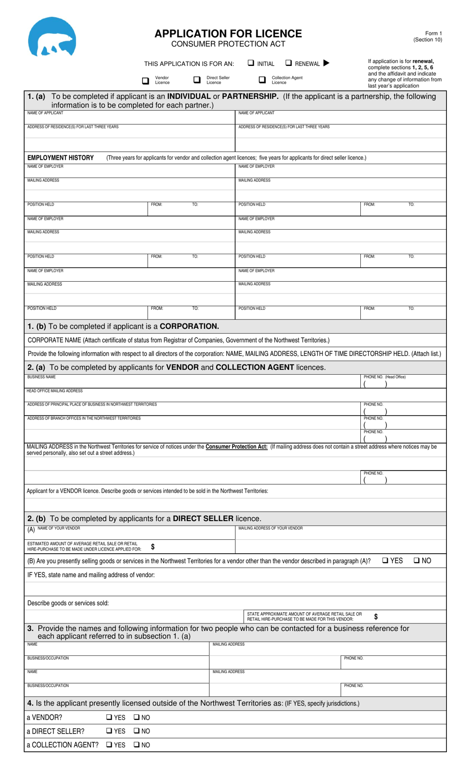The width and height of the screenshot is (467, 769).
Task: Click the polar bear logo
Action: (52, 37)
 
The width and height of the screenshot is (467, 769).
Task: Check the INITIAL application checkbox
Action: (251, 63)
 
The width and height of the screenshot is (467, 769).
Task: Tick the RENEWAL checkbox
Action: (289, 63)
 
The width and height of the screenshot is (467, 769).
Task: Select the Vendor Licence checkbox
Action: (146, 80)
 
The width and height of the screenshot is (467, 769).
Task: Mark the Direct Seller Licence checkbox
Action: (197, 80)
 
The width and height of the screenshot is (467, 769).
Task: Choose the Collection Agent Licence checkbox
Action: (263, 80)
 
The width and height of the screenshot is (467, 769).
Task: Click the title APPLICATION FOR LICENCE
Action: (228, 33)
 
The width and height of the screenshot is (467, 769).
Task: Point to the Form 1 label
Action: (434, 33)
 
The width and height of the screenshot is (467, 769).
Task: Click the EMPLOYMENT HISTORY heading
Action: (60, 158)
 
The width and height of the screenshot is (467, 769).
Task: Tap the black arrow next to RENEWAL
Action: (326, 63)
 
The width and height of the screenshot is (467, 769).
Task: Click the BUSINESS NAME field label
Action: (41, 377)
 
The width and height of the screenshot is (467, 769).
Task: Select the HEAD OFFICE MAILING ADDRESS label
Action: (55, 391)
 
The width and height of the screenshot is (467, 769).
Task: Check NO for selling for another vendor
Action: (416, 560)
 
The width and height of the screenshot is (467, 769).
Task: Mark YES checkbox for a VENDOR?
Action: (109, 717)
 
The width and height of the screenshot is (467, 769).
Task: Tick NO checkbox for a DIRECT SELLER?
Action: (137, 731)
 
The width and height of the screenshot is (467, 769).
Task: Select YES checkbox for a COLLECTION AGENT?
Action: (109, 745)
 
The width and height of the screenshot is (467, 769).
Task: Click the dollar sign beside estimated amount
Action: (153, 546)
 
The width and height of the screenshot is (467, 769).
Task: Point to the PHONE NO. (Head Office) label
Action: (384, 377)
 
